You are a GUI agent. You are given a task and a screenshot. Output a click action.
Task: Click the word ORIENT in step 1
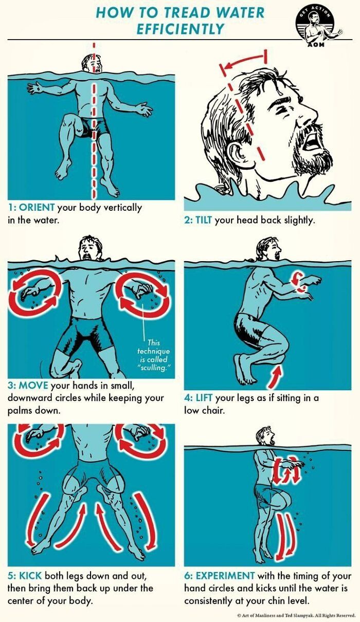tap(37, 208)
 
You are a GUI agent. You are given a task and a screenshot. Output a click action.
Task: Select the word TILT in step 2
tap(203, 221)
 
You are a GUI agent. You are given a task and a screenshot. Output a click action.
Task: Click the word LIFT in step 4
tap(203, 398)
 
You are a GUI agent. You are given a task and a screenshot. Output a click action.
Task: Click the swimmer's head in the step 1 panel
tap(93, 64)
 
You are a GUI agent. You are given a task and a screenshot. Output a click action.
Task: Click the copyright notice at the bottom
tap(296, 615)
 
